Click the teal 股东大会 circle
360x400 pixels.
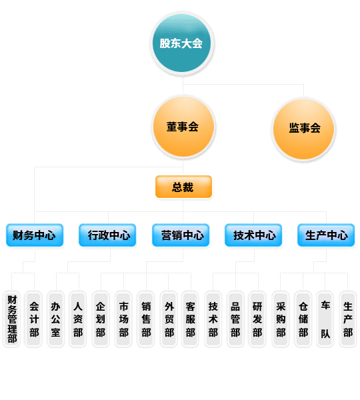click(x=181, y=43)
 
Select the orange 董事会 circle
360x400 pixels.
click(x=183, y=127)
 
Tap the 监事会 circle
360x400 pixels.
click(x=303, y=128)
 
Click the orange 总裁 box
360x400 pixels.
click(x=183, y=187)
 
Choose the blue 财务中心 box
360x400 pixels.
click(x=35, y=235)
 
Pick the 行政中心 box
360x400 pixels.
click(x=107, y=235)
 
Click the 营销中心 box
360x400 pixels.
click(x=181, y=235)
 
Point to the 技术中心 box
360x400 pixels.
click(x=253, y=235)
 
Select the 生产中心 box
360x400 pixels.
click(x=326, y=235)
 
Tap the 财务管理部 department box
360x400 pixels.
click(x=12, y=319)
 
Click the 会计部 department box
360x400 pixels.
click(x=33, y=319)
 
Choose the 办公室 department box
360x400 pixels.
click(x=55, y=319)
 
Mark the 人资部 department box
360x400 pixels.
click(x=77, y=319)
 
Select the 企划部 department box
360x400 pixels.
click(x=101, y=319)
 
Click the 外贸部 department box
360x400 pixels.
click(x=169, y=319)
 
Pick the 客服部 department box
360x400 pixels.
click(x=190, y=319)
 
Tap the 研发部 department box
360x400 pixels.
click(x=257, y=319)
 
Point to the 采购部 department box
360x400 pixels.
click(x=281, y=319)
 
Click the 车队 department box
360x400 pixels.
click(x=325, y=319)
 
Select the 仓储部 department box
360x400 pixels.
click(x=303, y=319)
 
